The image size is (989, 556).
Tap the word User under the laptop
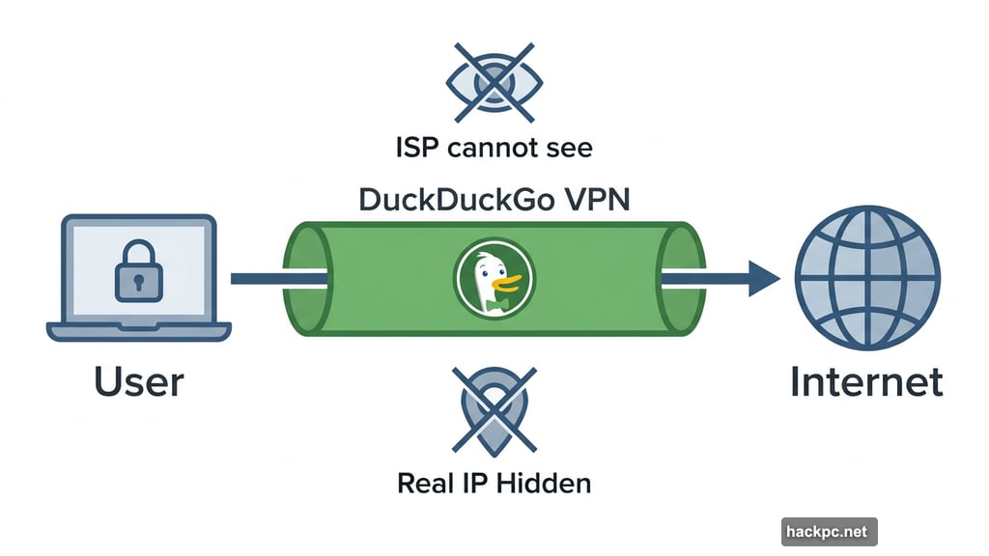[x=139, y=382]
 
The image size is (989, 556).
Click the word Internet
[x=866, y=382]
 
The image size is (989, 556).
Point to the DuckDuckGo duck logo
[x=494, y=278]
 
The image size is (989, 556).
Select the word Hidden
[x=543, y=483]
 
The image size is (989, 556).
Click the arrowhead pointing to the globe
[x=763, y=279]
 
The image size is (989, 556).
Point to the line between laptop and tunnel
[x=259, y=279]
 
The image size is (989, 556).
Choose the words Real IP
[x=443, y=483]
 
